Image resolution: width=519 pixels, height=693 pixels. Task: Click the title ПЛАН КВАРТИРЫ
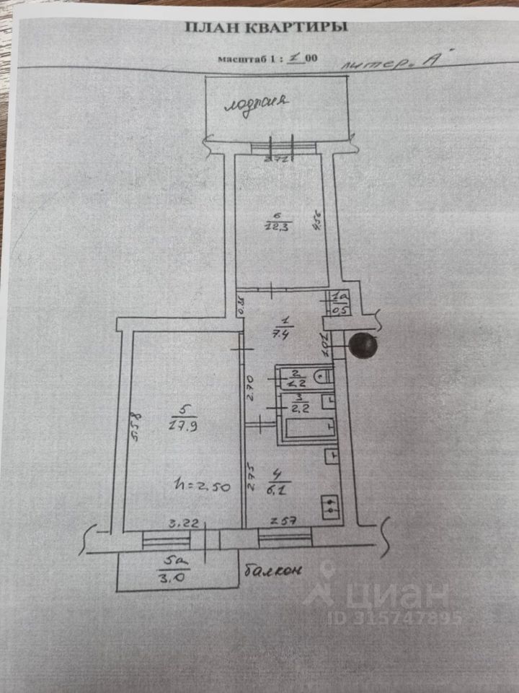[267, 28]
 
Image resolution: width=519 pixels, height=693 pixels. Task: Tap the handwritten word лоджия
[257, 103]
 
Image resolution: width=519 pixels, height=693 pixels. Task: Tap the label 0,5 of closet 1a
[337, 310]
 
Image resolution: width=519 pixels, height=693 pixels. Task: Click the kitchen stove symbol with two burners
[330, 506]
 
